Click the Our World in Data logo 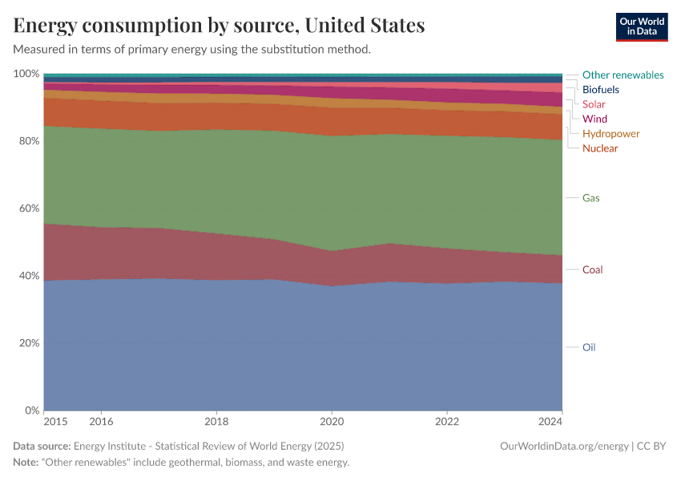pos(641,26)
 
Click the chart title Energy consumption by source pos(219,26)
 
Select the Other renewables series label pos(623,75)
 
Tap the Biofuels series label pos(600,90)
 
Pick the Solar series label pos(594,104)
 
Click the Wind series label pos(594,119)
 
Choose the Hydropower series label pos(610,134)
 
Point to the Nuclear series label pos(600,148)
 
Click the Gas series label pos(590,198)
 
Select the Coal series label pos(592,270)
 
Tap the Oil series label pos(588,347)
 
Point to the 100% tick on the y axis pos(26,74)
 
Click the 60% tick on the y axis pos(28,208)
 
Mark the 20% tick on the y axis pos(28,343)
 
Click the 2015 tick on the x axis pos(55,421)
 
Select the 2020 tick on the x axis pos(332,421)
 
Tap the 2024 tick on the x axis pos(550,421)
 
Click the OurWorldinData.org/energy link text pos(563,446)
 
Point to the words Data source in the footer pos(42,446)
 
